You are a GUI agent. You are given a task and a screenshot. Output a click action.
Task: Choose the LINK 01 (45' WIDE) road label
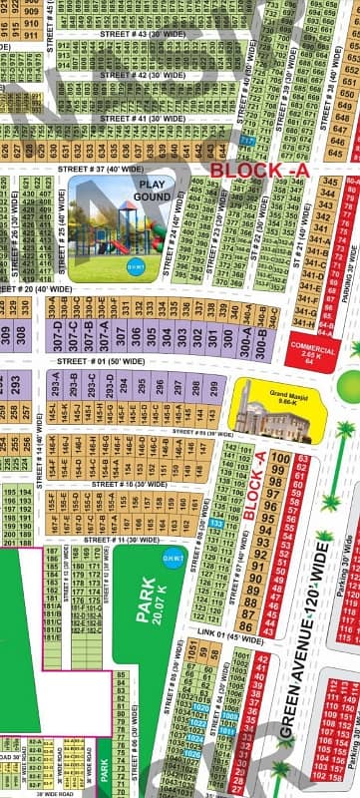pyautogui.click(x=228, y=636)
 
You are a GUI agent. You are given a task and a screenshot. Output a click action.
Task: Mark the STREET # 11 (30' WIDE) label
pyautogui.click(x=117, y=540)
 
